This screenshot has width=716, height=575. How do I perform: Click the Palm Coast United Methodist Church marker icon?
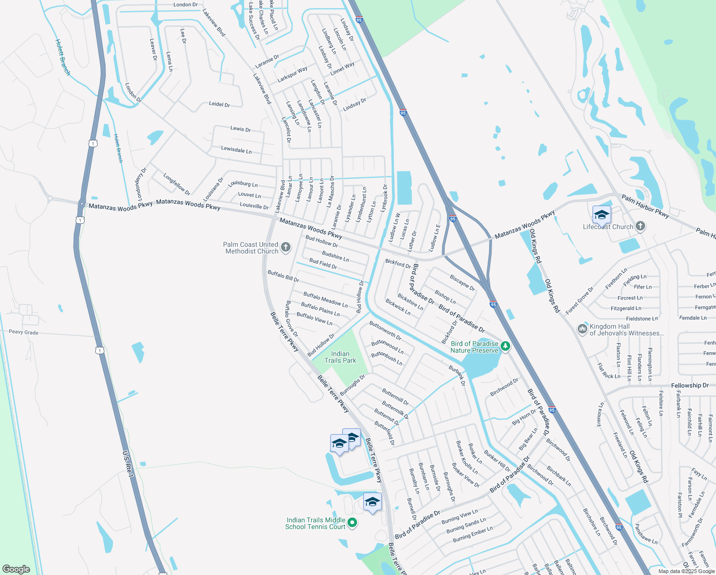285,247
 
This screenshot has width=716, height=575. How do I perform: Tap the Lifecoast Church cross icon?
640,226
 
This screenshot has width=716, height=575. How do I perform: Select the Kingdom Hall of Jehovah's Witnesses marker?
582,329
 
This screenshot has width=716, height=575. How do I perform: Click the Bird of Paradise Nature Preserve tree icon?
505,345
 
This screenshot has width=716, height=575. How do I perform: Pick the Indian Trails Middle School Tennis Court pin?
352,522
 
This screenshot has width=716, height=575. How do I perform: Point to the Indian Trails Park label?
340,357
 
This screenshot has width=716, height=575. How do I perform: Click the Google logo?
16,569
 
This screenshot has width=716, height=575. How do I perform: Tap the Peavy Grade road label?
23,332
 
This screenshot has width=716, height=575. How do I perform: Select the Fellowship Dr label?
689,385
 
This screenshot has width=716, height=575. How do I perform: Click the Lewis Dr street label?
240,129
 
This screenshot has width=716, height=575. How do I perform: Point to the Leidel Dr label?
219,104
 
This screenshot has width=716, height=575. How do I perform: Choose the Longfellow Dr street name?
177,184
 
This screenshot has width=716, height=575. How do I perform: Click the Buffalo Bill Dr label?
283,276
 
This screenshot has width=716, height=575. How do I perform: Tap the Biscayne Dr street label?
462,283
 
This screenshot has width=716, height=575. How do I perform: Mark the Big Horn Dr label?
524,417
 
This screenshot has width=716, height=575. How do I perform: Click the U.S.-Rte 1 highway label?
127,463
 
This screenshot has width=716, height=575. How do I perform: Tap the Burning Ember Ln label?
472,535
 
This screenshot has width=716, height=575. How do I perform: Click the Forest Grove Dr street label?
579,301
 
